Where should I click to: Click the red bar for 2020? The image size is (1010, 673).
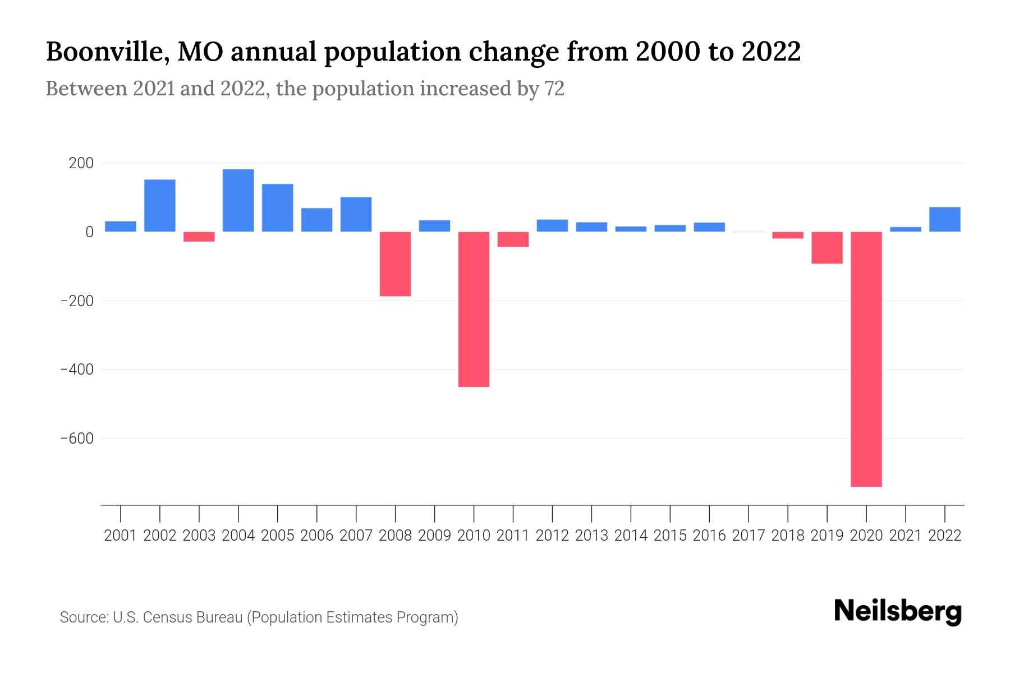point(866,359)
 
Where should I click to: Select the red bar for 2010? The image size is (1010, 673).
point(474,309)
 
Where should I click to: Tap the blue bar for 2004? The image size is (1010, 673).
point(238,200)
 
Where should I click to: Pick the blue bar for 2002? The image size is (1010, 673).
point(160,205)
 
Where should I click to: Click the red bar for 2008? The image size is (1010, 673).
point(395,264)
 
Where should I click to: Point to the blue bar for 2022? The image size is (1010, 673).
point(944,219)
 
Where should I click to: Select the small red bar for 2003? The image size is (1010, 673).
point(199,237)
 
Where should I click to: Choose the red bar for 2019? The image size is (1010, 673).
point(827,247)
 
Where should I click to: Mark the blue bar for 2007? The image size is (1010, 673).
point(356,214)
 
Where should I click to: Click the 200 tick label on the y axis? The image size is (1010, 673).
point(81,163)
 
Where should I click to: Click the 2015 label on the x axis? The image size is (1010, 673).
point(670,536)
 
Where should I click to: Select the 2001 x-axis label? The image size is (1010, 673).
point(121,536)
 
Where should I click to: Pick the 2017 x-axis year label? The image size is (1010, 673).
point(749,536)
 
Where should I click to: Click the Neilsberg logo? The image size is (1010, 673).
point(898,611)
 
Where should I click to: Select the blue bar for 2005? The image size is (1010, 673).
point(277,208)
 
